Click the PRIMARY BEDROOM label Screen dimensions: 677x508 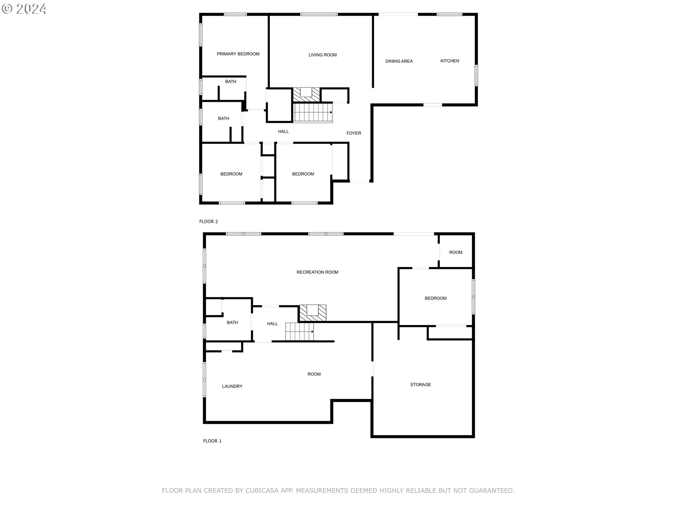point(238,54)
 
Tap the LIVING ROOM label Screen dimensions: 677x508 point(323,55)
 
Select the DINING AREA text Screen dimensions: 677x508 point(399,61)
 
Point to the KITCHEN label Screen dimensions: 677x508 point(450,61)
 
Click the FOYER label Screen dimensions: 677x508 point(354,133)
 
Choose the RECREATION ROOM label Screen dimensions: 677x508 point(317,272)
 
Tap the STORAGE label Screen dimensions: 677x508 point(421,385)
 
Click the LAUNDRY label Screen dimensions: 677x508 point(232,387)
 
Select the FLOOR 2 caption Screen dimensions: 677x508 point(209,222)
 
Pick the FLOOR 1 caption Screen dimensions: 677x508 point(212,441)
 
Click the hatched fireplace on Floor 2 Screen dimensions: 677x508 point(306,95)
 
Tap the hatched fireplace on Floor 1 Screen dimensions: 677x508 point(313,313)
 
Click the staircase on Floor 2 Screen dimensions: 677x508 point(313,113)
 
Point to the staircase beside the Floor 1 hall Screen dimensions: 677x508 point(299,332)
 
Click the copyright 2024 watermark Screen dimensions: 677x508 point(24,9)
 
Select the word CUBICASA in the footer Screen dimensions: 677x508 point(262,491)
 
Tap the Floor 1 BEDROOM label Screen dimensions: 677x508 point(435,298)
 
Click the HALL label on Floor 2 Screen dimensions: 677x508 point(283,132)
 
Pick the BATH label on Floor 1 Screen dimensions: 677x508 point(232,323)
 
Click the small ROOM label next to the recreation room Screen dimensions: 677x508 point(456,253)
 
